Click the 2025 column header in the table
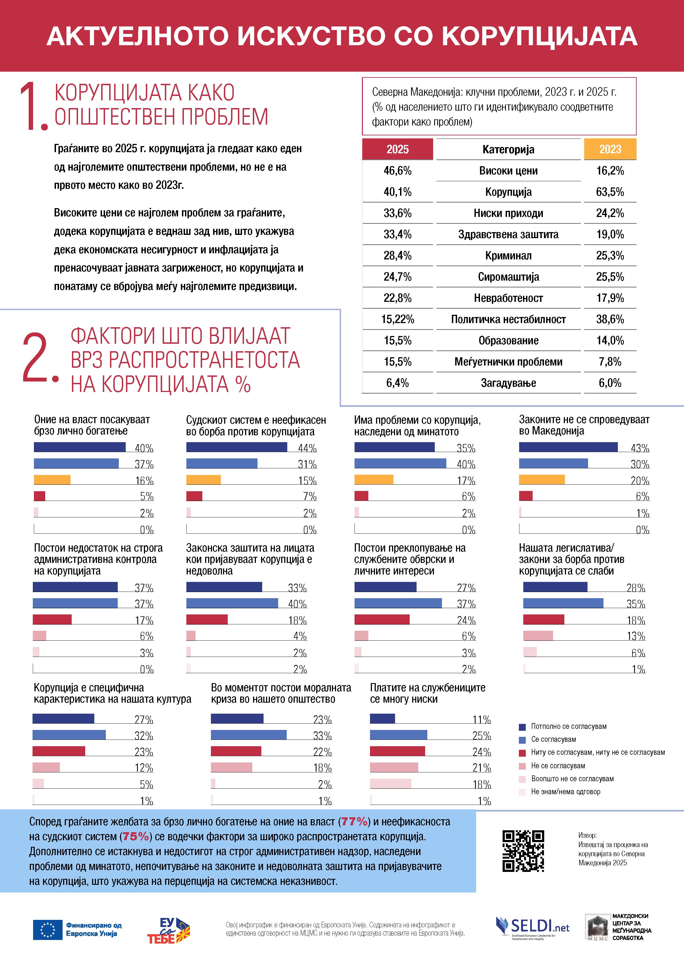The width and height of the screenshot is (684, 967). click(x=397, y=149)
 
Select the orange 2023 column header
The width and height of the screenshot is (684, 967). click(x=610, y=149)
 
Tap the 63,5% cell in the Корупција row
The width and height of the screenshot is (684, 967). click(x=610, y=192)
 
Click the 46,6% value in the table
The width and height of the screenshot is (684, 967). click(x=397, y=171)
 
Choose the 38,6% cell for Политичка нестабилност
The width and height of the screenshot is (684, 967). click(x=610, y=319)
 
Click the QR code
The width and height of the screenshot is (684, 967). click(x=523, y=851)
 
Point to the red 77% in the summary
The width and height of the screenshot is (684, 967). click(x=354, y=821)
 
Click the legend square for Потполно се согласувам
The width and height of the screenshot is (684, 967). click(x=522, y=727)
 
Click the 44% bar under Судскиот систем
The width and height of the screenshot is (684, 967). click(x=236, y=447)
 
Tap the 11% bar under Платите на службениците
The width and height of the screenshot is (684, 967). click(x=382, y=719)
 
